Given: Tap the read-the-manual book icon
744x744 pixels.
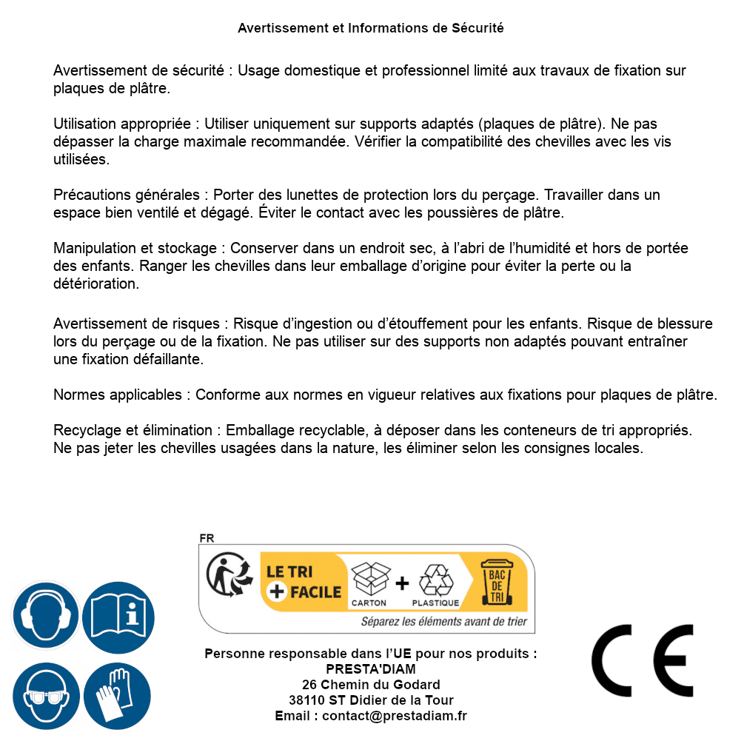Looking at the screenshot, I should pyautogui.click(x=118, y=615).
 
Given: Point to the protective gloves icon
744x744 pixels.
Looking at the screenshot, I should pyautogui.click(x=118, y=697).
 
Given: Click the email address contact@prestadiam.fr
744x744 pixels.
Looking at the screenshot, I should pyautogui.click(x=395, y=716).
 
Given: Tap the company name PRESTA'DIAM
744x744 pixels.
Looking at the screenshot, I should pyautogui.click(x=371, y=669).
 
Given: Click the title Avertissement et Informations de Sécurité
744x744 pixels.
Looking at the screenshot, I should pyautogui.click(x=371, y=28).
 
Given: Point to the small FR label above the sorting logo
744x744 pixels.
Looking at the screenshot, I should pyautogui.click(x=207, y=538).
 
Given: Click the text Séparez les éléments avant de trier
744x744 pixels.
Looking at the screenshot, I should pyautogui.click(x=443, y=621).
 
